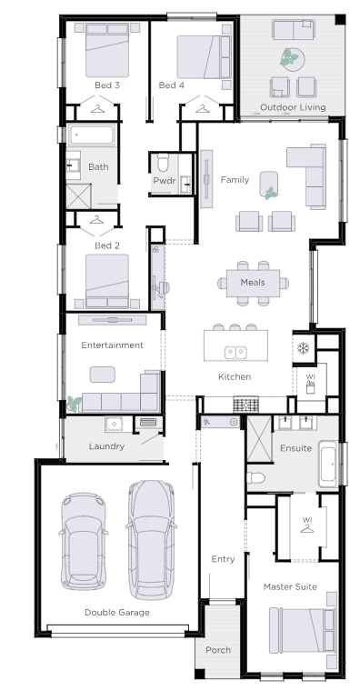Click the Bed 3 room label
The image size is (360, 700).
pos(107,85)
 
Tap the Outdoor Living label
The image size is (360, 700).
pos(293,107)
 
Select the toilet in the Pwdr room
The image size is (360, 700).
pos(163,163)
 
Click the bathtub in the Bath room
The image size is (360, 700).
pos(92,135)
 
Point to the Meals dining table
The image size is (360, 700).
pos(253,283)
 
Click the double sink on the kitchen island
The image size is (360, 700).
pos(235,352)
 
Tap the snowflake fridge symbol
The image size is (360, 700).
pos(304,347)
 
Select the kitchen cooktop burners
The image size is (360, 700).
pos(245,405)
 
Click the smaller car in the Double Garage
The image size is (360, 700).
pos(84,542)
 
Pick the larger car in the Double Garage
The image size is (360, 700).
pos(151,540)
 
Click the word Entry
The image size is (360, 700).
pos(223,559)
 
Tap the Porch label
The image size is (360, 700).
pos(218,650)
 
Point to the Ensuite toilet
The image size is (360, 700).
pos(255,478)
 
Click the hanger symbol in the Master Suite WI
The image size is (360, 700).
pos(307,528)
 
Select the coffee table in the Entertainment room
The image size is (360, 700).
pos(103,375)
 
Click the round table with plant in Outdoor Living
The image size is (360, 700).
pos(293,59)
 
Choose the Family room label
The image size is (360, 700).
pos(235,179)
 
